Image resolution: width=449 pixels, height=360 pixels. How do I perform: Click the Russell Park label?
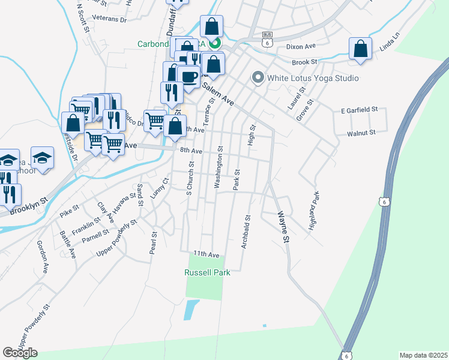tap(207, 272)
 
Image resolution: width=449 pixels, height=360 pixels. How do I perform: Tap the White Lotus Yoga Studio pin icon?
tap(258, 78)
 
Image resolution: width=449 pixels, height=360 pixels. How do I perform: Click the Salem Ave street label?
tap(218, 94)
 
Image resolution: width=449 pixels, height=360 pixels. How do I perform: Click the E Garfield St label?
tap(359, 110)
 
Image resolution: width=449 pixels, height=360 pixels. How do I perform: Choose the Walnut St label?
tap(361, 133)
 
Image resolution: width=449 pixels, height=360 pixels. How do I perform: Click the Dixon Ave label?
tap(301, 46)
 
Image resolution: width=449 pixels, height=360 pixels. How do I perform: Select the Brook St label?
tap(304, 62)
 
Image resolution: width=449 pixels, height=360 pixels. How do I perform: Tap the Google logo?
tap(20, 353)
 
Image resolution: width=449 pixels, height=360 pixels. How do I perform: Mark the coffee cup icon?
tap(188, 77)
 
